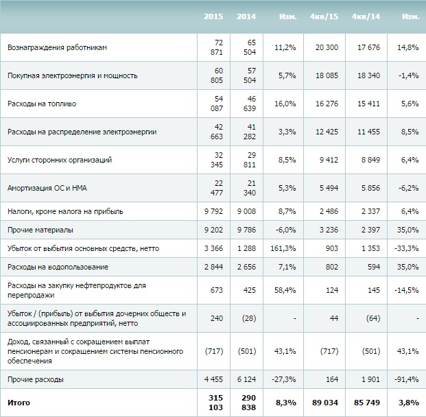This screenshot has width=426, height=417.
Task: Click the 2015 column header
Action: pyautogui.click(x=213, y=16)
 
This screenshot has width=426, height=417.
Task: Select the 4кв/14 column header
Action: pyautogui.click(x=366, y=16)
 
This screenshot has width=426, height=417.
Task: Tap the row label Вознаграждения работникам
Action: pyautogui.click(x=57, y=47)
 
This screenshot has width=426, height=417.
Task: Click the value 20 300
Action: pyautogui.click(x=327, y=47)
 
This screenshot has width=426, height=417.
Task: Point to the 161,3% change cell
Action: pyautogui.click(x=283, y=248)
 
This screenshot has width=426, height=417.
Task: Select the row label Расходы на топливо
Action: pyautogui.click(x=42, y=104)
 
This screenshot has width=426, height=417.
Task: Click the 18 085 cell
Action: pyautogui.click(x=327, y=75)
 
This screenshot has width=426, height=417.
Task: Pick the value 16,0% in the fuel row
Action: pyautogui.click(x=285, y=104)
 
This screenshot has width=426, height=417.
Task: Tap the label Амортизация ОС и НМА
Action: pyautogui.click(x=47, y=188)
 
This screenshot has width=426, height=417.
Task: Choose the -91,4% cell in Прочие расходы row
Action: pyautogui.click(x=406, y=379)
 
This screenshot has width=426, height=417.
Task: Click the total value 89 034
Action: pyautogui.click(x=325, y=403)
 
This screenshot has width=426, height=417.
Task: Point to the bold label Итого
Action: pyautogui.click(x=19, y=403)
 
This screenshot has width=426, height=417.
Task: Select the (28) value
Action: pyautogui.click(x=249, y=318)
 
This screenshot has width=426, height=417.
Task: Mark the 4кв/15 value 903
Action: pyautogui.click(x=331, y=248)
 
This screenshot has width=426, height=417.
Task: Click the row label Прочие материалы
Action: pyautogui.click(x=40, y=230)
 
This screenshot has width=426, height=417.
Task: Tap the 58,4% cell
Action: pyautogui.click(x=285, y=290)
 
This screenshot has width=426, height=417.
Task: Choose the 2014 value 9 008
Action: pyautogui.click(x=246, y=211)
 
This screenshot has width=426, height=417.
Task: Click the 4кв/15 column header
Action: pyautogui.click(x=324, y=16)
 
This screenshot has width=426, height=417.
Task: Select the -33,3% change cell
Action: pyautogui.click(x=406, y=248)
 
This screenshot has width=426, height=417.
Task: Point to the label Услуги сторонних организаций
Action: pyautogui.click(x=60, y=160)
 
